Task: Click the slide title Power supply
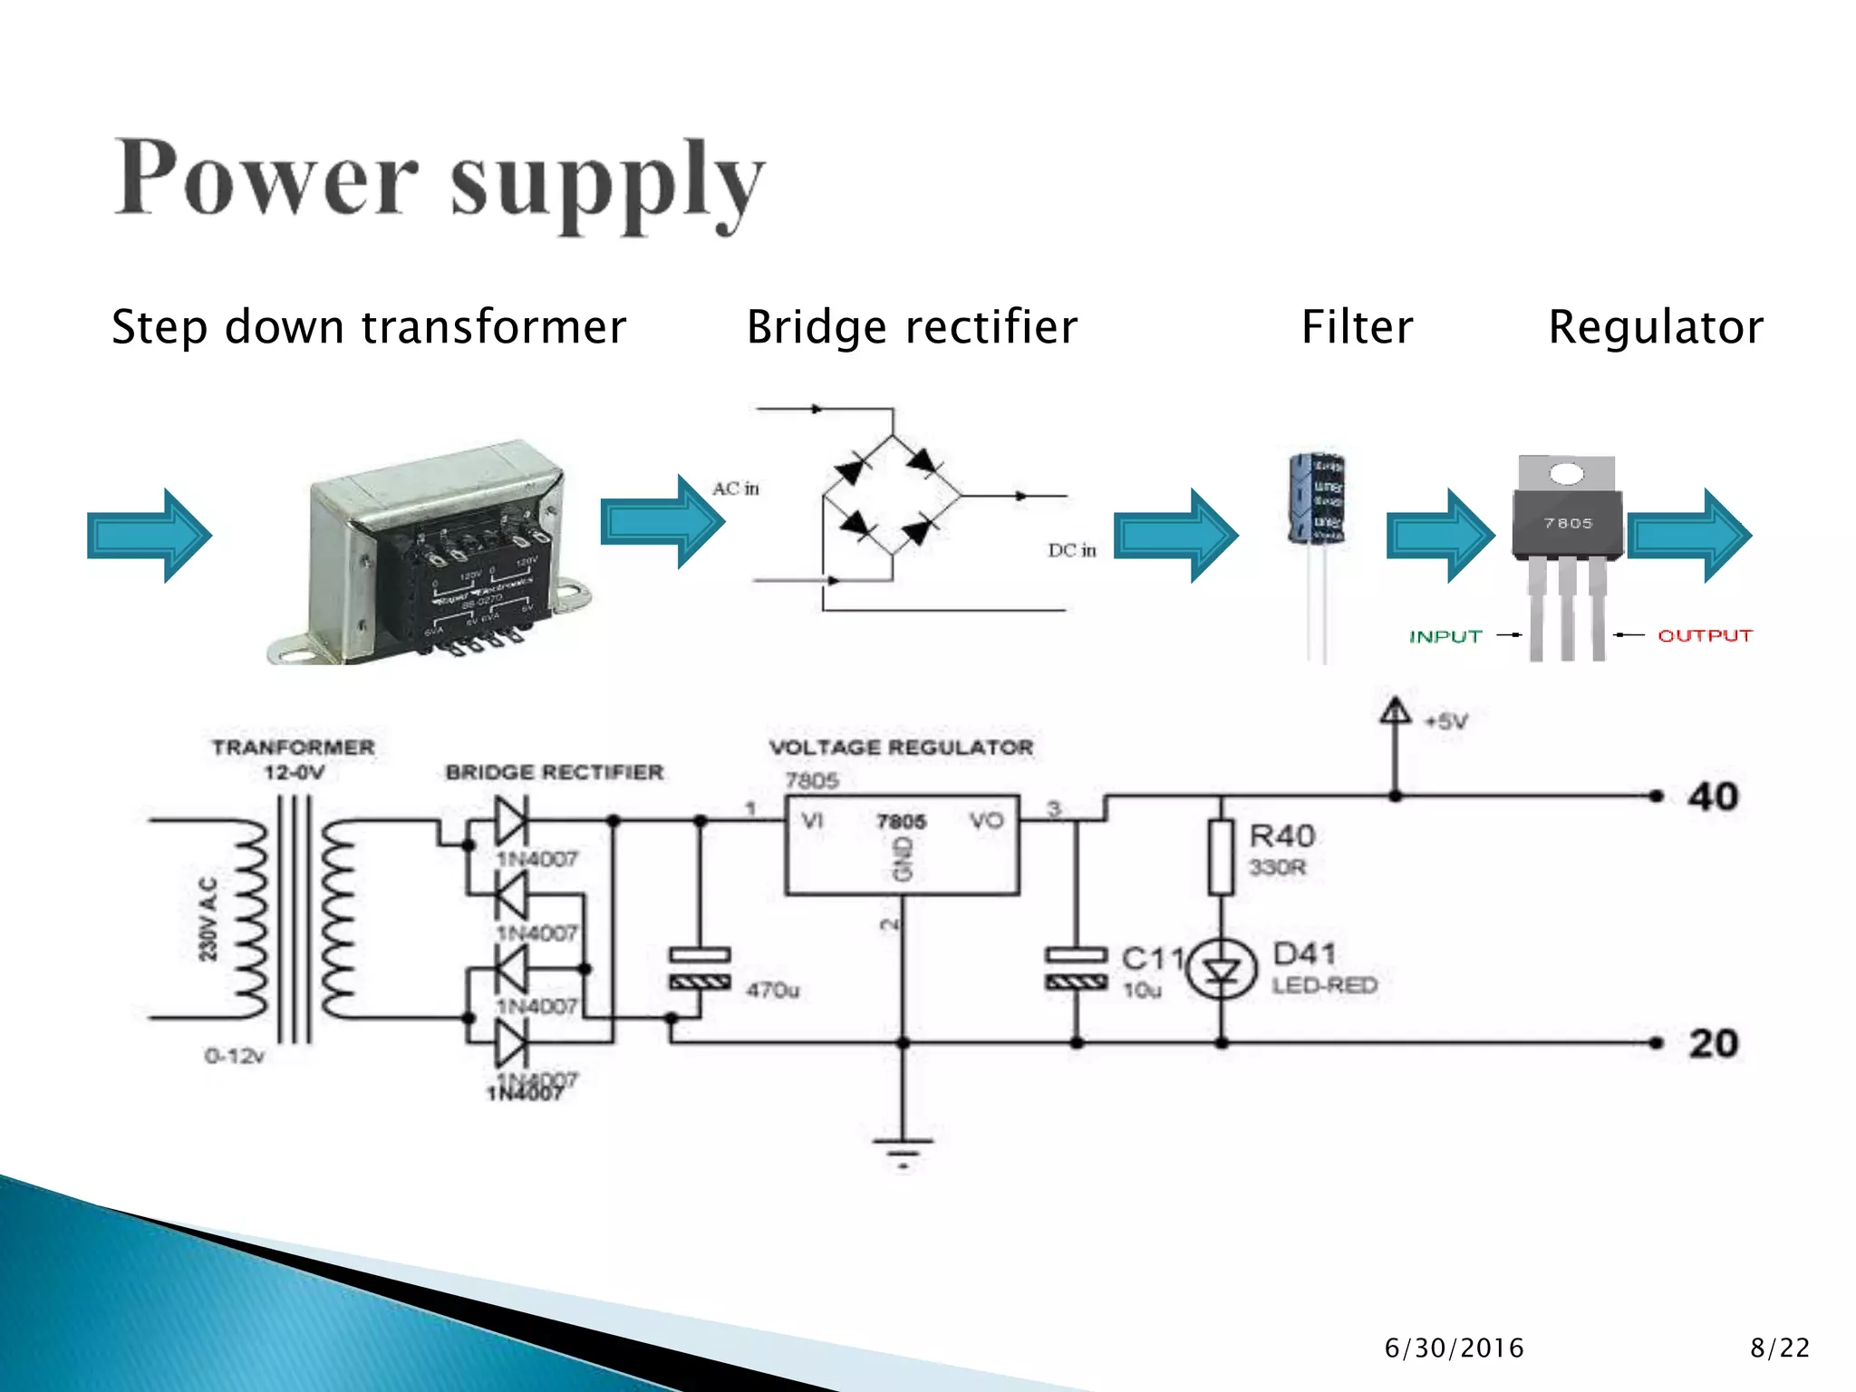point(440,181)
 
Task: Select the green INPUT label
point(1445,636)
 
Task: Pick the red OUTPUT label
point(1705,635)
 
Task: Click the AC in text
point(735,488)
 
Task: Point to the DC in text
point(1072,550)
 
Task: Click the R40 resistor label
point(1281,836)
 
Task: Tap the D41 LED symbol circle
point(1222,970)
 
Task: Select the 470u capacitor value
point(772,990)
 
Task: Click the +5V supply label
point(1445,721)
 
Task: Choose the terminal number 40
point(1712,797)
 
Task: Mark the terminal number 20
point(1713,1043)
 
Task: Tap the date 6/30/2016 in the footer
point(1454,1348)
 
